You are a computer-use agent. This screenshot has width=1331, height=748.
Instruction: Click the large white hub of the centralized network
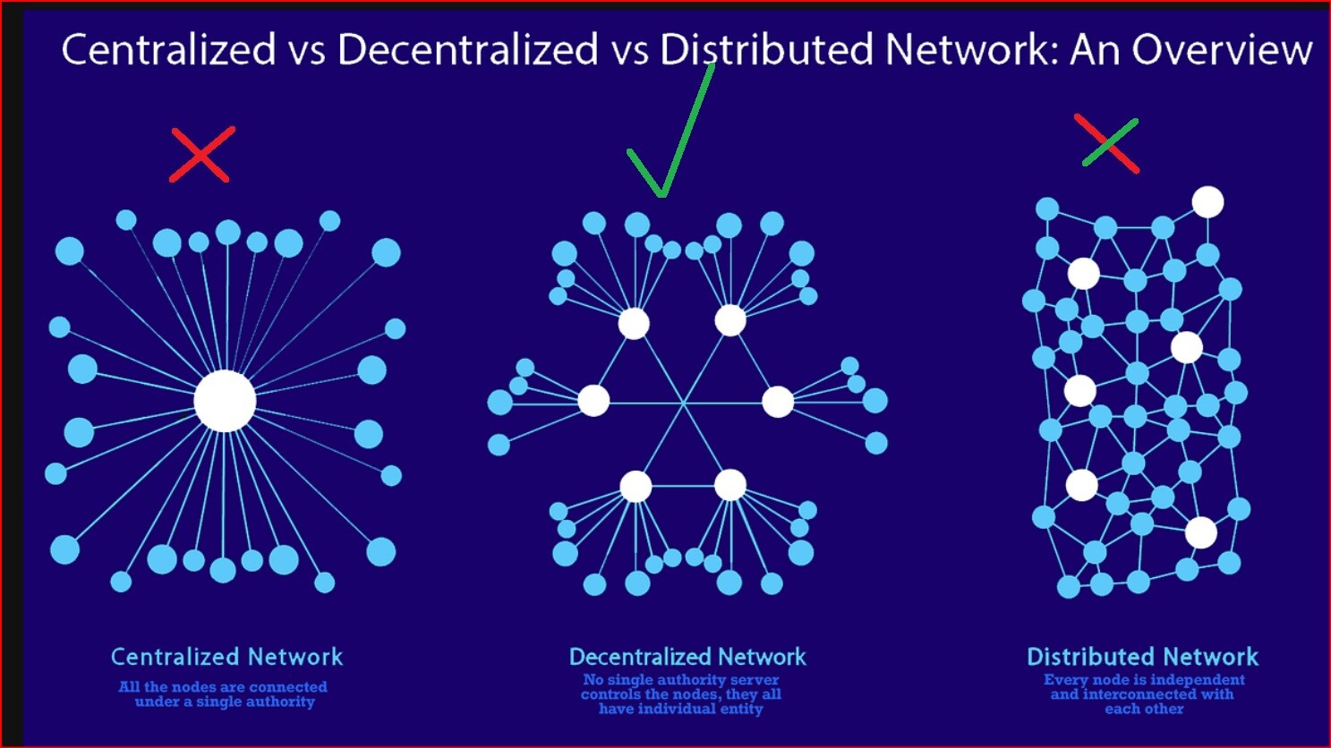[x=225, y=401]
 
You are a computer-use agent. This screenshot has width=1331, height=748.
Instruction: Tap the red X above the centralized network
[x=201, y=155]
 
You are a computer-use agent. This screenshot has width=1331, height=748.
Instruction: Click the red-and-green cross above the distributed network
[x=1108, y=143]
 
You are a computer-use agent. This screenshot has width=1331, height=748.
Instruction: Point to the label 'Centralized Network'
[x=226, y=657]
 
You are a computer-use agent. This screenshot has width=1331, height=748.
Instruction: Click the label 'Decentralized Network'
[x=687, y=657]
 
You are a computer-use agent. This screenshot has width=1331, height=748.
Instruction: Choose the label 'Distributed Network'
[x=1142, y=657]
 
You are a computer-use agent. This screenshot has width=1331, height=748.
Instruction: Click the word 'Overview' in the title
[x=1222, y=49]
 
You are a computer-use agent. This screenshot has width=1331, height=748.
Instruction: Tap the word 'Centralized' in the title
[x=168, y=49]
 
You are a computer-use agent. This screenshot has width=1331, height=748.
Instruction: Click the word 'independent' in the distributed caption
[x=1198, y=680]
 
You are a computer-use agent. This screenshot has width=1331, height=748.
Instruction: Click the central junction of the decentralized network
[x=684, y=404]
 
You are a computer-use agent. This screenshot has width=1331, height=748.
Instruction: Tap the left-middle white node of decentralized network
[x=593, y=400]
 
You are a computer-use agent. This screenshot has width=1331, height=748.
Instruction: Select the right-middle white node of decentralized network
[x=777, y=402]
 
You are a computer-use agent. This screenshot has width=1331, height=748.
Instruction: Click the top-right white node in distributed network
[x=1207, y=202]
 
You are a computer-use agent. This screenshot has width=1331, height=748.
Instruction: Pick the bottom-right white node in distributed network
[x=1200, y=532]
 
